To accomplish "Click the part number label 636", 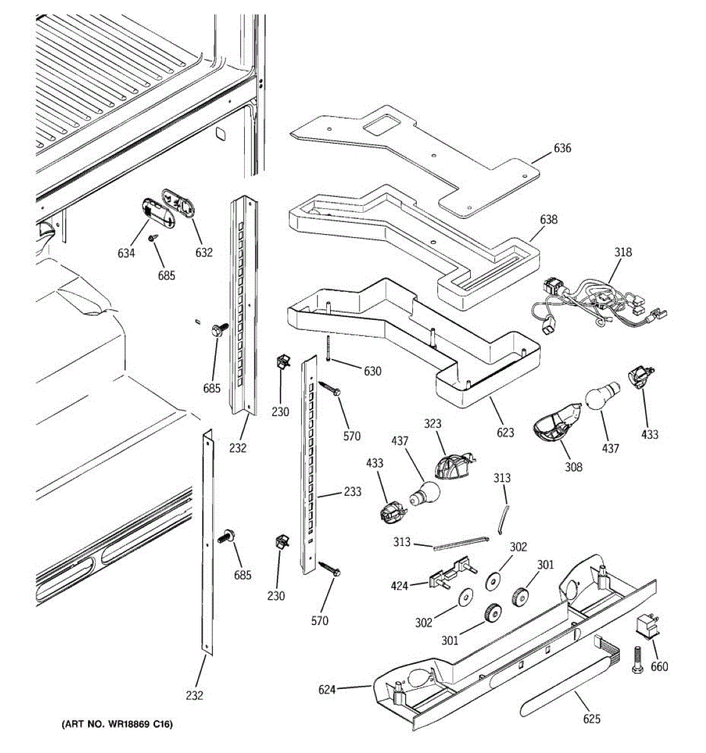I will pos(562,149).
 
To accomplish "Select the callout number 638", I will pos(548,220).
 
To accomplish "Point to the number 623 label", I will pos(505,432).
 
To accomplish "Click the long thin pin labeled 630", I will pos(328,348).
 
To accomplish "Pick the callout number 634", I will pos(126,254).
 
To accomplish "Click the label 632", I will pos(204,252).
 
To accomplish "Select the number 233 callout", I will pos(353,492).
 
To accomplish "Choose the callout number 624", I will pos(327,690).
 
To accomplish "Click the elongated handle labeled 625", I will pos(565,690).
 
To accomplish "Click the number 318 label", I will pos(623,252).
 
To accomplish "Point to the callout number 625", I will pos(591,719).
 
